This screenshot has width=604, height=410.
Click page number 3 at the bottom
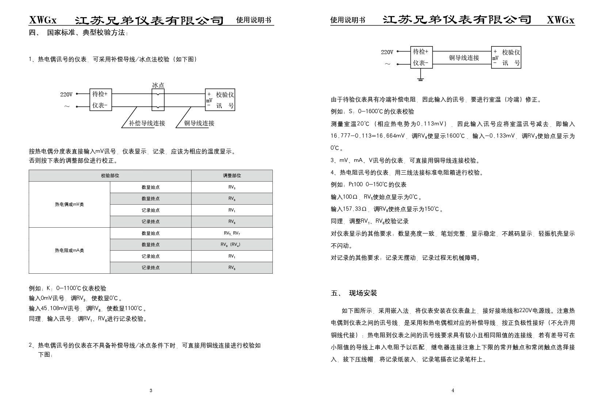pyautogui.click(x=151, y=391)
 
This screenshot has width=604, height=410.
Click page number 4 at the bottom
pyautogui.click(x=453, y=391)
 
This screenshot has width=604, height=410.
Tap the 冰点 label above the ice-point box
pyautogui.click(x=158, y=85)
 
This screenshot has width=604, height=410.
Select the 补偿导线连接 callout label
pyautogui.click(x=147, y=123)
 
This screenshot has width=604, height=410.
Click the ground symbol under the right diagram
pyautogui.click(x=420, y=79)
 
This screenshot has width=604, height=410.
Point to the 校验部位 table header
pyautogui.click(x=110, y=176)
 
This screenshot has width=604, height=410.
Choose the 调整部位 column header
pyautogui.click(x=232, y=176)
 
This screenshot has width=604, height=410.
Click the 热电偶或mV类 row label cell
pyautogui.click(x=69, y=205)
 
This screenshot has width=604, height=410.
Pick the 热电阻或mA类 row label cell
pyautogui.click(x=69, y=251)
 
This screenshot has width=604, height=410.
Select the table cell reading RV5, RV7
pyautogui.click(x=232, y=233)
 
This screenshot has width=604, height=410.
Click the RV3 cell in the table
pyautogui.click(x=232, y=187)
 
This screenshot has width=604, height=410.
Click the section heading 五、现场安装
pyautogui.click(x=354, y=293)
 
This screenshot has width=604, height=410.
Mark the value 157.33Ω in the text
pyautogui.click(x=354, y=209)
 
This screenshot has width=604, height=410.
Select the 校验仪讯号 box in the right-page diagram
pyautogui.click(x=506, y=57)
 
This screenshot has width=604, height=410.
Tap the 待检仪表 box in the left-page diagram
pyautogui.click(x=100, y=100)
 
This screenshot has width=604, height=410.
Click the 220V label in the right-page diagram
pyautogui.click(x=387, y=52)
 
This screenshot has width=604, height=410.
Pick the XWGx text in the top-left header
pyautogui.click(x=43, y=20)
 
